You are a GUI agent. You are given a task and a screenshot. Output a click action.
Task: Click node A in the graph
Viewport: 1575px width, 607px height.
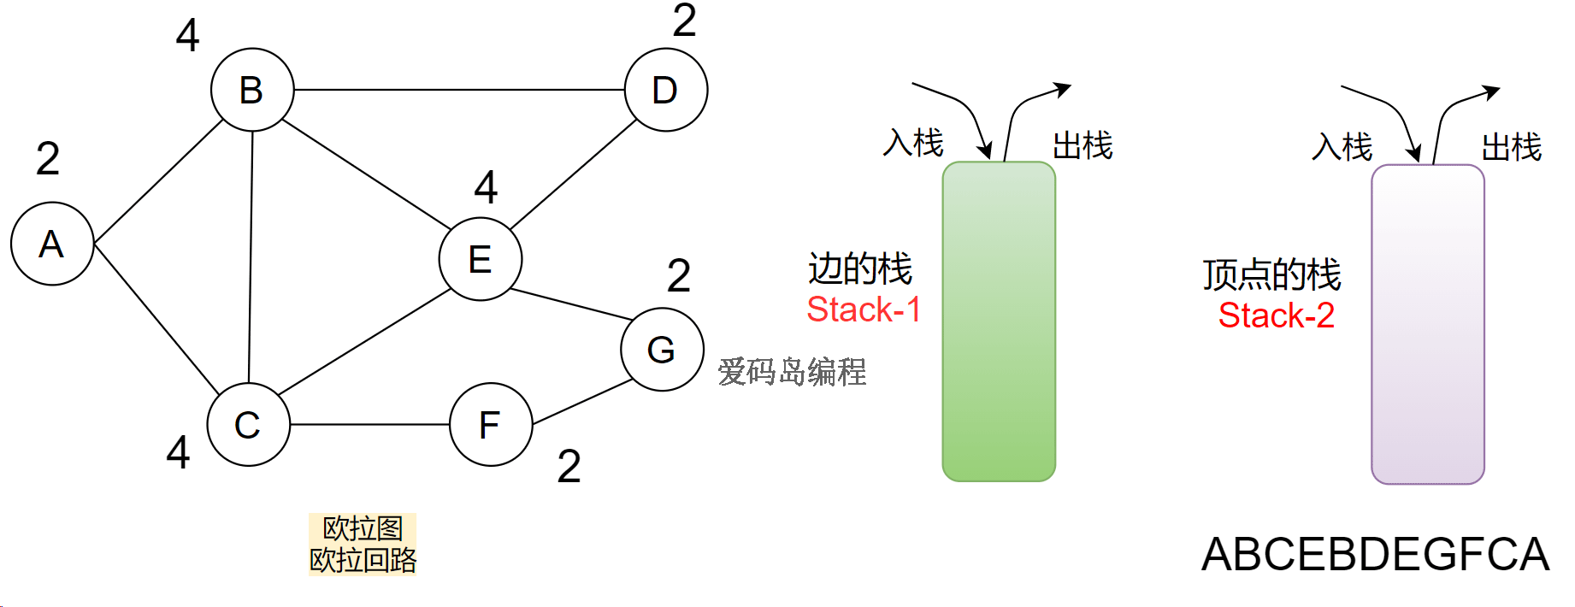coord(52,244)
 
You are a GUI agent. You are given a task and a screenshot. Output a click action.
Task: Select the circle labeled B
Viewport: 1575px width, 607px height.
coord(252,90)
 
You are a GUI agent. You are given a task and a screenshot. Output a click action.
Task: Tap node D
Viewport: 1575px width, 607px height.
coord(666,90)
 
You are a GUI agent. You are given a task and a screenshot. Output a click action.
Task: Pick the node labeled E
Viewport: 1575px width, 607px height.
coord(481,259)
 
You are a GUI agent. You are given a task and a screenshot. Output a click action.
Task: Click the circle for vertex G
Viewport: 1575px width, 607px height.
coord(662,350)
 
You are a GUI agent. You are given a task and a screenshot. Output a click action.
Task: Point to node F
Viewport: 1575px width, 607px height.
coord(491,424)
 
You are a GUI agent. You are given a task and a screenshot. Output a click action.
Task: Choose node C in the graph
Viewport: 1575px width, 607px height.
coord(249,424)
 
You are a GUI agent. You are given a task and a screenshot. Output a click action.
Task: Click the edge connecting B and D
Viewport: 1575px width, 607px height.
coord(459,90)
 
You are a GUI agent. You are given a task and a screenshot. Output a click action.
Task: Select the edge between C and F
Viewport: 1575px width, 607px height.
coord(369,424)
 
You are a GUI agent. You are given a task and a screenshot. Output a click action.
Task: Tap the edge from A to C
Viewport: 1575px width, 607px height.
coord(156,318)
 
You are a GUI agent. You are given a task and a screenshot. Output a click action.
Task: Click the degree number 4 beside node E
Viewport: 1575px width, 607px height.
coord(486,187)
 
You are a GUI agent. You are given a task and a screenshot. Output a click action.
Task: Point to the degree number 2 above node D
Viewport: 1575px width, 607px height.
coord(684,21)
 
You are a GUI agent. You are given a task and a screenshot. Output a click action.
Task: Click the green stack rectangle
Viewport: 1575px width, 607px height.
coord(999,321)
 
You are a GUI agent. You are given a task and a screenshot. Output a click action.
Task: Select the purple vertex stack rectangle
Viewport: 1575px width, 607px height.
coord(1427,325)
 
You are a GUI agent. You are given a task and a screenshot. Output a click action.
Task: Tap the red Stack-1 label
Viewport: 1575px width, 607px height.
coord(864,309)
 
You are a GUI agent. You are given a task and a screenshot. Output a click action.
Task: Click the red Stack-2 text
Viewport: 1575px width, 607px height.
coord(1276,315)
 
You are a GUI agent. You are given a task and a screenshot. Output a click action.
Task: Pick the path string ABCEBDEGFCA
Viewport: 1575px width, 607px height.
coord(1375,554)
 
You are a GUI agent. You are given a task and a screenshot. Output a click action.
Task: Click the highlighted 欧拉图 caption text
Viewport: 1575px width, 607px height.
coord(363,529)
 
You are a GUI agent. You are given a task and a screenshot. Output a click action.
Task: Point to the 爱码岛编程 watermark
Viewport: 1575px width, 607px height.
coord(792,372)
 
